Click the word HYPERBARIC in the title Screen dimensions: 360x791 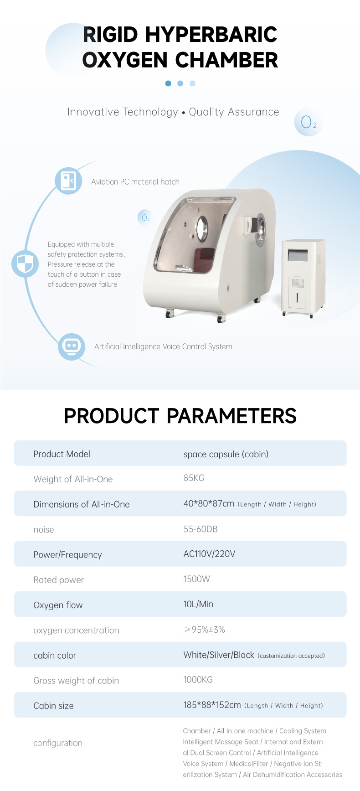211,35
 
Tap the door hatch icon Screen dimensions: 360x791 69,181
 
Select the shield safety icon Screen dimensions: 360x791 25,264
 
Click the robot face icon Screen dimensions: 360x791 72,346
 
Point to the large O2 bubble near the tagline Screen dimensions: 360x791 309,122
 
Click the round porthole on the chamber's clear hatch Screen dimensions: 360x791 201,228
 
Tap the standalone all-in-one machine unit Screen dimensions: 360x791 303,278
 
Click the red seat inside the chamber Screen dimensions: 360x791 205,259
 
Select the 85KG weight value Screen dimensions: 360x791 194,478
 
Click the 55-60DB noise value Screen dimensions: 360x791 201,529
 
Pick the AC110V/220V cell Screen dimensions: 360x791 209,554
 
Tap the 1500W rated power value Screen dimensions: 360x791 196,579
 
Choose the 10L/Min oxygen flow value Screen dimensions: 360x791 198,604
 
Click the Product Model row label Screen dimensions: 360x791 62,454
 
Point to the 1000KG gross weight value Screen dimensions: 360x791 198,680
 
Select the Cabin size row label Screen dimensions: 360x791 53,706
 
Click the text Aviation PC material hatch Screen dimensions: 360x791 135,181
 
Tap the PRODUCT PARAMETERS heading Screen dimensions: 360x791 180,416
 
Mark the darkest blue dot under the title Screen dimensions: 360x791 168,83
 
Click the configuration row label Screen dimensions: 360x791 58,743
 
